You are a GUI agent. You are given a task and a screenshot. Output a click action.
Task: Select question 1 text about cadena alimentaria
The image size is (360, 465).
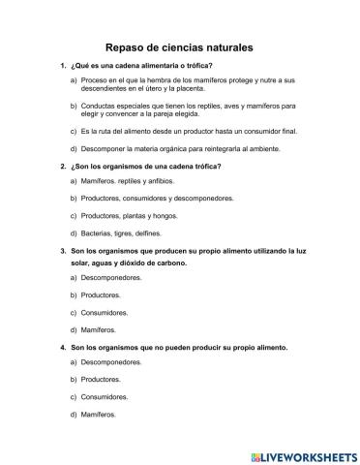(x=141, y=65)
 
